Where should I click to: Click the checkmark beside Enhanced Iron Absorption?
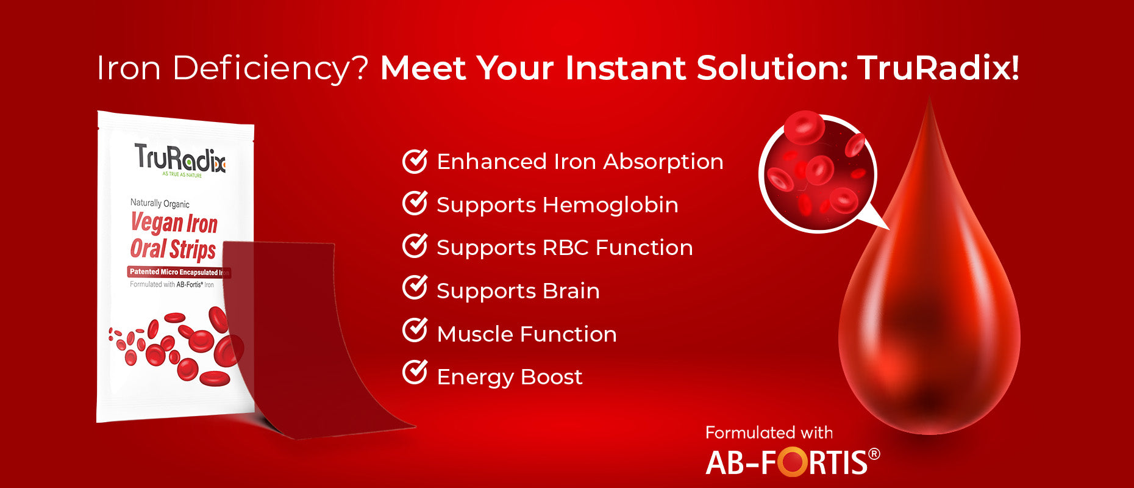pyautogui.click(x=415, y=160)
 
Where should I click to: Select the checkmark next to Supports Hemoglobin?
pyautogui.click(x=415, y=203)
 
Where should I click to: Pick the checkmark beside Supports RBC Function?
pyautogui.click(x=415, y=246)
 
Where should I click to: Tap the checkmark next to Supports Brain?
pyautogui.click(x=415, y=288)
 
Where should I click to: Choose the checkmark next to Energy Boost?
pyautogui.click(x=415, y=373)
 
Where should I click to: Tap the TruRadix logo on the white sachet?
pyautogui.click(x=180, y=159)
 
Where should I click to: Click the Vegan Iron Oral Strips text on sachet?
pyautogui.click(x=174, y=236)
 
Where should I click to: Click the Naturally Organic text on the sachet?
pyautogui.click(x=160, y=204)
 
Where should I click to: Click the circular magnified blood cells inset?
pyautogui.click(x=818, y=174)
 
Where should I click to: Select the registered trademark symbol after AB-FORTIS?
pyautogui.click(x=874, y=454)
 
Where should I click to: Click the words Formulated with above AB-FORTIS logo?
pyautogui.click(x=769, y=433)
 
